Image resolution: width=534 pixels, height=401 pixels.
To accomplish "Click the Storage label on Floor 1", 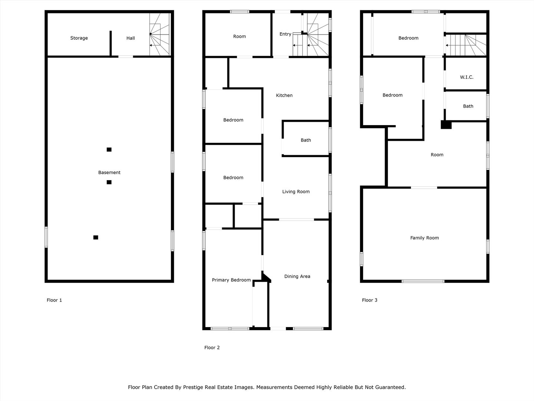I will click(79, 38).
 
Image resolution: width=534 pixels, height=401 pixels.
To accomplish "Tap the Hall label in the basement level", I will click(131, 38).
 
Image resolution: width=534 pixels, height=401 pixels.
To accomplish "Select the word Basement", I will click(109, 172).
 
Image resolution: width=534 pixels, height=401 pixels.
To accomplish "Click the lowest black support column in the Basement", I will click(96, 237).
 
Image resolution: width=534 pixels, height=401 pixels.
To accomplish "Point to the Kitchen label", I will click(284, 95).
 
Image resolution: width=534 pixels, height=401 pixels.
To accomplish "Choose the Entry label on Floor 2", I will click(285, 34).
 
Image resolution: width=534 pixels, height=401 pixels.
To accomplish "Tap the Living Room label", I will click(296, 192).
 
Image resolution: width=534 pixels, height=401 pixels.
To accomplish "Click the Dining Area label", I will click(297, 276).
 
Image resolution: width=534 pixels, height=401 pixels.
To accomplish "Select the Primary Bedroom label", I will click(231, 280).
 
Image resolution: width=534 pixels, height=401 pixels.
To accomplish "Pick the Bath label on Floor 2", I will click(306, 140).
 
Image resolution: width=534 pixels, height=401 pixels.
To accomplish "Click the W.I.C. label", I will click(467, 77).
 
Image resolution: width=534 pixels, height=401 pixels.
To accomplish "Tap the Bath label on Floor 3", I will click(468, 106).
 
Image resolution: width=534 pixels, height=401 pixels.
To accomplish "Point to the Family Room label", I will click(424, 238).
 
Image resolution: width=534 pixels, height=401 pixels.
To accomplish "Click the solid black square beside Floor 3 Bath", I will click(446, 125).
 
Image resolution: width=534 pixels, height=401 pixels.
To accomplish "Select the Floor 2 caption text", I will click(212, 348).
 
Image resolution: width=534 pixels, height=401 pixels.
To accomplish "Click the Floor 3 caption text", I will click(369, 300).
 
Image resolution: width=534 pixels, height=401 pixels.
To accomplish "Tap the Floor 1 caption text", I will click(54, 300).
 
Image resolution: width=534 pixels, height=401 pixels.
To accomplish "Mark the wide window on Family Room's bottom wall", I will click(423, 281).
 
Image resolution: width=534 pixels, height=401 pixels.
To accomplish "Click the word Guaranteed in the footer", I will click(390, 387).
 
